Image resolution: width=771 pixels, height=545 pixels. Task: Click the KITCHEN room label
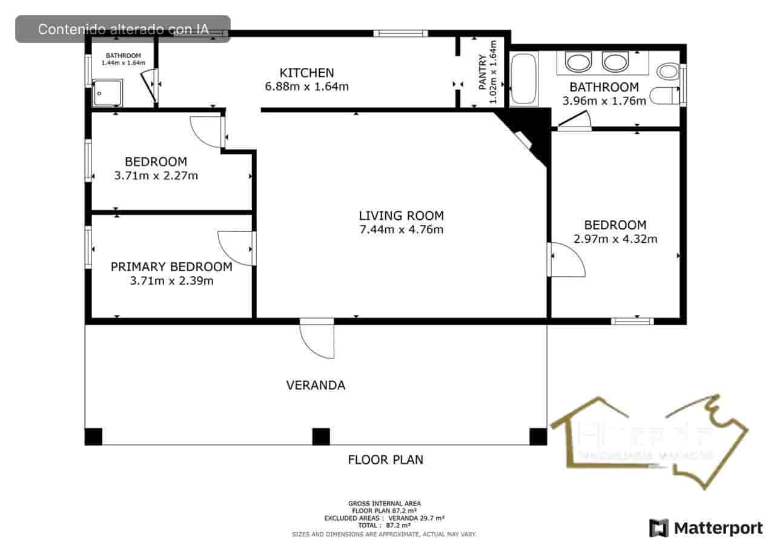tap(306, 72)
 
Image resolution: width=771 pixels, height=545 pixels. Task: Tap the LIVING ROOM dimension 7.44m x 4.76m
tap(401, 230)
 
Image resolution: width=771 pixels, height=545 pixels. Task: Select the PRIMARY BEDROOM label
tap(171, 267)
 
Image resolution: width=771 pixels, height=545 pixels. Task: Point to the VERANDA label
tap(316, 385)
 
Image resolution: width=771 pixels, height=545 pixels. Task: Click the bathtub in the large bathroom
tap(523, 79)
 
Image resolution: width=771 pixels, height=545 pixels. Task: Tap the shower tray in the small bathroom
tap(107, 93)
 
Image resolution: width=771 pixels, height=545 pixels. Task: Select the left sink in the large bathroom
tap(578, 62)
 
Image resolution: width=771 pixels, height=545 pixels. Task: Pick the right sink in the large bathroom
tap(615, 62)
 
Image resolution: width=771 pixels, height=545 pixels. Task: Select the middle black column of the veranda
tap(320, 436)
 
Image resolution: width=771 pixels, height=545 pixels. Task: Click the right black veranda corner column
tap(538, 436)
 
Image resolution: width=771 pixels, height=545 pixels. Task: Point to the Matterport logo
tap(706, 528)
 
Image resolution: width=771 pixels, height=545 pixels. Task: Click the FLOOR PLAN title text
tap(385, 460)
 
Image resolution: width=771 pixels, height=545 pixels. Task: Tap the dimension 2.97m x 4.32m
tap(615, 239)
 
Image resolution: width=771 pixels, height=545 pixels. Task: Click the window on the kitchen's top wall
tap(400, 33)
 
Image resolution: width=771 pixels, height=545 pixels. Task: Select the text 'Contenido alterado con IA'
tap(123, 29)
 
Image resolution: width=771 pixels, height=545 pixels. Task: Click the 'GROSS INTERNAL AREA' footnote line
tap(384, 503)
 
